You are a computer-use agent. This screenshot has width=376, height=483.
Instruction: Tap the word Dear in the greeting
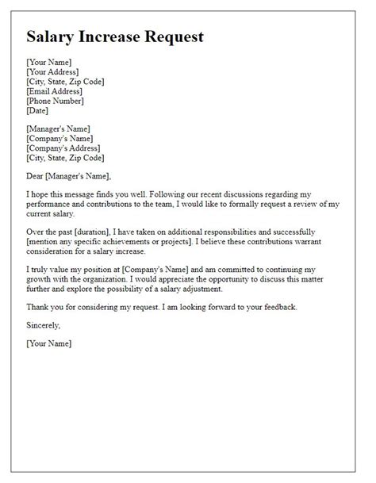36,176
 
